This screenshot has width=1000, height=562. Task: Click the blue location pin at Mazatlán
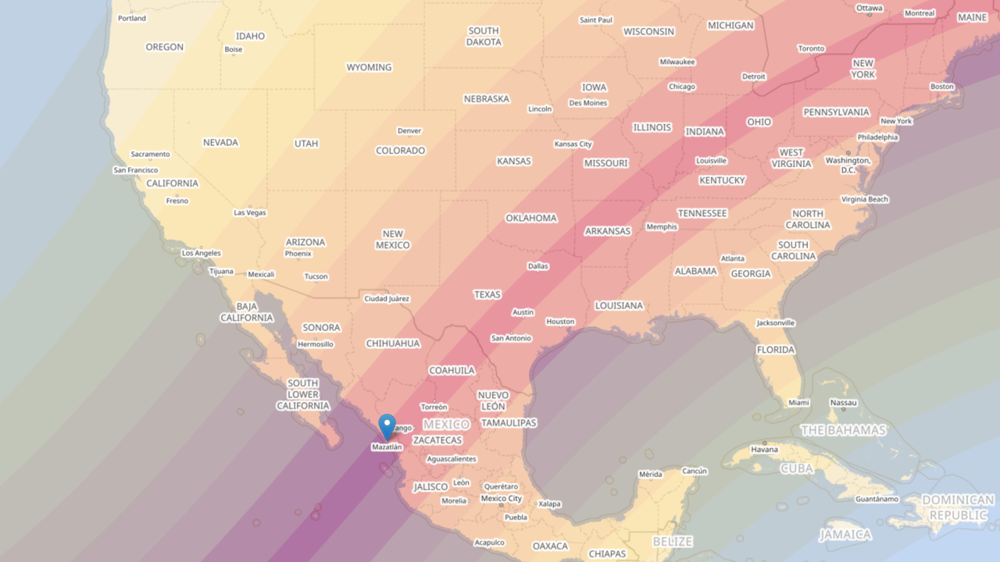click(x=387, y=426)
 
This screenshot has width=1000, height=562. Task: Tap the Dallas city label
click(x=537, y=266)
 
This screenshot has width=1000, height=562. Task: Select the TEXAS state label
click(x=487, y=294)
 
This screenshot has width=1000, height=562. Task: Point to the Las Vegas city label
click(x=250, y=212)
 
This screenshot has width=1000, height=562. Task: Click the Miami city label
click(x=798, y=403)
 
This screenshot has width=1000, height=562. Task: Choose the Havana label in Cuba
click(x=764, y=450)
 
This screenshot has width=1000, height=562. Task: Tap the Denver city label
click(x=409, y=131)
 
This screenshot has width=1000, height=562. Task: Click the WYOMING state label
click(x=369, y=67)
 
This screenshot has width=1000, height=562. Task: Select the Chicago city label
click(x=681, y=87)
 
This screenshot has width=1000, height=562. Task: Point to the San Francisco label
click(x=136, y=170)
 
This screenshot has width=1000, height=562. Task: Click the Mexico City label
click(x=501, y=499)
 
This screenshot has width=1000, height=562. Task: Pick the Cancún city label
click(x=694, y=471)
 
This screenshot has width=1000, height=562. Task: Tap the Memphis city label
click(x=662, y=227)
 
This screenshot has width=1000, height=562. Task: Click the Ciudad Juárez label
click(x=387, y=299)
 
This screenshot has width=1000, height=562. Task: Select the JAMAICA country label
click(x=845, y=535)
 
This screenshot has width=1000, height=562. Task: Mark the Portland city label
click(x=131, y=18)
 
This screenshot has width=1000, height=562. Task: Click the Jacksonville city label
click(x=775, y=323)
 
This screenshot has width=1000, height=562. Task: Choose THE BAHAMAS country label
click(x=843, y=430)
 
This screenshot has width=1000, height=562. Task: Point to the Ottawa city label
click(x=869, y=8)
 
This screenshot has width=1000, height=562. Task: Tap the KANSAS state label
click(x=513, y=161)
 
